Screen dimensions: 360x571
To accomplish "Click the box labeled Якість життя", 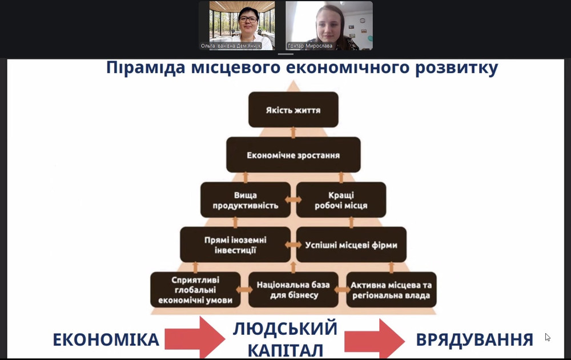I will pos(293,110).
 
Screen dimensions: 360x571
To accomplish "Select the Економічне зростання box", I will pos(293,155).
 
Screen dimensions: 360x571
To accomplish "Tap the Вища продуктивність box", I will pos(245,200).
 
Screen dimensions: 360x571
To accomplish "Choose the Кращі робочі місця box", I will pos(341,200).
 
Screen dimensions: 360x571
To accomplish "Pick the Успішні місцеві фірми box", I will pos(351,245).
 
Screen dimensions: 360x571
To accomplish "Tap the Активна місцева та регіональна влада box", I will pos(391,290).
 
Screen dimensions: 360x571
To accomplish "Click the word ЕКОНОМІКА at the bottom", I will pos(106,340).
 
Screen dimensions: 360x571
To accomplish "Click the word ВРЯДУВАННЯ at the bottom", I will pos(475,340).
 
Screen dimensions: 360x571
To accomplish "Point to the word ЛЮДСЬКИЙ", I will pos(285,329).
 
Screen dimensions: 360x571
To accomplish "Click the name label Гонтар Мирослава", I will pos(309,46).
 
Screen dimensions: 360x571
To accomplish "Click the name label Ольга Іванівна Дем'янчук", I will pos(231,46).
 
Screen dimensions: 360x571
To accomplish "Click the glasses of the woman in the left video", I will pos(248,20).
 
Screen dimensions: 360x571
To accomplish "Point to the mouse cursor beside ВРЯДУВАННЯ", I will pos(547,337).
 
